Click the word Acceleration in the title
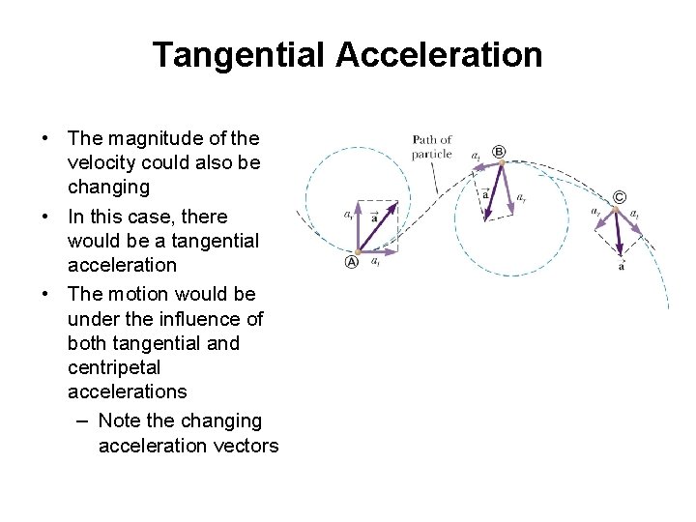[x=439, y=55]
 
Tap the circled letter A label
[x=352, y=262]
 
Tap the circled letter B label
[x=499, y=151]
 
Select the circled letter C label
[x=619, y=197]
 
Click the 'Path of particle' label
[x=431, y=147]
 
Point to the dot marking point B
[x=501, y=164]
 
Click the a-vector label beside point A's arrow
[x=374, y=218]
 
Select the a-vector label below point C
[x=621, y=266]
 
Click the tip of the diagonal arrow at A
[x=393, y=205]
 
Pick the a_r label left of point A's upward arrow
[x=348, y=215]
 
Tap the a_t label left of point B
[x=476, y=156]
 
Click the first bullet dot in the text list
[x=45, y=138]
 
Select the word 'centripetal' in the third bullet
[x=114, y=367]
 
